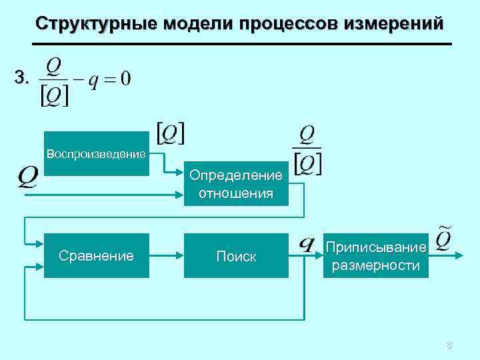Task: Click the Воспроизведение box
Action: click(97, 153)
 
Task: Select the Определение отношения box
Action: click(236, 183)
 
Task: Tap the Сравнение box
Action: click(97, 255)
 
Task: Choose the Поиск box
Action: click(236, 255)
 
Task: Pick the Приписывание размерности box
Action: click(376, 255)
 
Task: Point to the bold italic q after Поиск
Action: click(307, 244)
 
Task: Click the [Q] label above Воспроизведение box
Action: click(171, 133)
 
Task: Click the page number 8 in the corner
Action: click(449, 345)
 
